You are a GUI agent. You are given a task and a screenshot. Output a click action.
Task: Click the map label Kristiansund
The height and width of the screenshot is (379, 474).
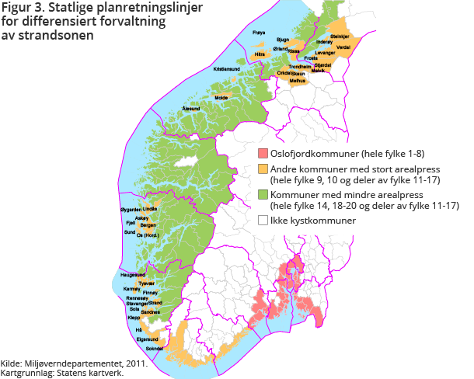(228, 69)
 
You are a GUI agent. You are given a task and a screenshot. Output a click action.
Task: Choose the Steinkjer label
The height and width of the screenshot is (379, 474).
(340, 37)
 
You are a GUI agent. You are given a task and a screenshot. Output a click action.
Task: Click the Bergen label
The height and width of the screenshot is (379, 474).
(148, 225)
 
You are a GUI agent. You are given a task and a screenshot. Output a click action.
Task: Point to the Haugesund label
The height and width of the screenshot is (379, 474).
(133, 275)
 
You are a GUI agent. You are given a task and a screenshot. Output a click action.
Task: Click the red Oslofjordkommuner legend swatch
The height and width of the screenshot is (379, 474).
(263, 153)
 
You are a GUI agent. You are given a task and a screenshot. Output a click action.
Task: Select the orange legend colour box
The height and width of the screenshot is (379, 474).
(263, 168)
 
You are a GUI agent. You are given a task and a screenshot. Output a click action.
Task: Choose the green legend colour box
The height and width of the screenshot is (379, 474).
(263, 194)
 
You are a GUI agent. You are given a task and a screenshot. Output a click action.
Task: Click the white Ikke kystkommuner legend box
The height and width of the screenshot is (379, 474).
(263, 221)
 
